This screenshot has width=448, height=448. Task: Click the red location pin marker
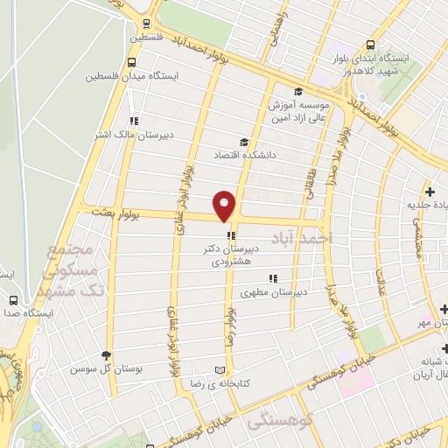pos(226,205)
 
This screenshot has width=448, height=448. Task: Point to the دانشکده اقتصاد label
pos(244,155)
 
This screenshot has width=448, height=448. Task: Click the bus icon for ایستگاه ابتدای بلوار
pos(371,45)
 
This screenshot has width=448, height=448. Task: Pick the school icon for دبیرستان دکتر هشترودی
pos(230,235)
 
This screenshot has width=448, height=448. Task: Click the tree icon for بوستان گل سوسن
pos(107,355)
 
